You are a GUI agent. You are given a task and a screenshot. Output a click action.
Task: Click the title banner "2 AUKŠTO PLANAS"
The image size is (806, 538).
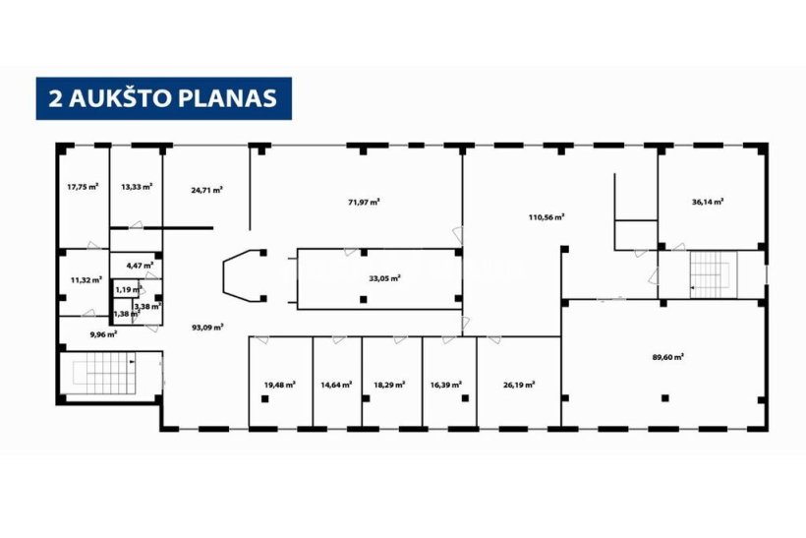[x=163, y=98]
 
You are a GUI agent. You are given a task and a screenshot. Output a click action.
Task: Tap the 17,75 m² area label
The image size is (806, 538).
[x=83, y=187]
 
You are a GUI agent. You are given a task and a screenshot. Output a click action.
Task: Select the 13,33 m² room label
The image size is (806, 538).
[x=137, y=187]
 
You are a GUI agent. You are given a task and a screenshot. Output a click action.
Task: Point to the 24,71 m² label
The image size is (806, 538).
[x=206, y=190]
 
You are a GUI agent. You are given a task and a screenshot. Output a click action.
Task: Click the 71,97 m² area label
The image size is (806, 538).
[x=364, y=202]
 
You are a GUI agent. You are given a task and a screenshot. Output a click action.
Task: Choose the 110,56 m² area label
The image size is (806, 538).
[x=547, y=217]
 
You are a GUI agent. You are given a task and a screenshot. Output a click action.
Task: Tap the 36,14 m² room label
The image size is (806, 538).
[x=708, y=202]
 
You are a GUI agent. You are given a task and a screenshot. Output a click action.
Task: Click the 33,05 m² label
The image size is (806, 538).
[x=384, y=278]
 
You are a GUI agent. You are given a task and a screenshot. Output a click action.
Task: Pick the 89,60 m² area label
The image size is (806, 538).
[x=667, y=357]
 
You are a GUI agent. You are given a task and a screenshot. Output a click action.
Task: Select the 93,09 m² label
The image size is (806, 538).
[x=207, y=327]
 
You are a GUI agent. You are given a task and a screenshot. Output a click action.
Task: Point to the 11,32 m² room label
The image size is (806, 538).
[x=86, y=280]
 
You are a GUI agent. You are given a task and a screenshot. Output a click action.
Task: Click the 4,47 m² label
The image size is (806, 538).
[x=140, y=266]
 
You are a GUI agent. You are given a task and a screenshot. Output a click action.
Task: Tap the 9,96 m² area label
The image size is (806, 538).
[x=103, y=333]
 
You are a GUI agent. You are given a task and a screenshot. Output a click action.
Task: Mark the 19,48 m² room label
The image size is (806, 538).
[x=279, y=385]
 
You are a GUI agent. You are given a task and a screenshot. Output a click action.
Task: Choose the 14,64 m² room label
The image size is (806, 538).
[x=336, y=385]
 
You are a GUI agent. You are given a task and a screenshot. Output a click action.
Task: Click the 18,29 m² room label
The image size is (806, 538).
[x=389, y=385]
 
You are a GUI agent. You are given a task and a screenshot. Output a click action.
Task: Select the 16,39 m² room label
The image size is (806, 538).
[x=445, y=385]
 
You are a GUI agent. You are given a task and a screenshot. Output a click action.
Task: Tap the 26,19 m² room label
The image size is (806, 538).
[x=519, y=385]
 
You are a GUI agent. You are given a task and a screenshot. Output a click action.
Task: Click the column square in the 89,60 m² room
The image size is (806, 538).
[x=665, y=397]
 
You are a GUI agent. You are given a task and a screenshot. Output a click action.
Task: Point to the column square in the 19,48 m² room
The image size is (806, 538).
[x=264, y=398]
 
